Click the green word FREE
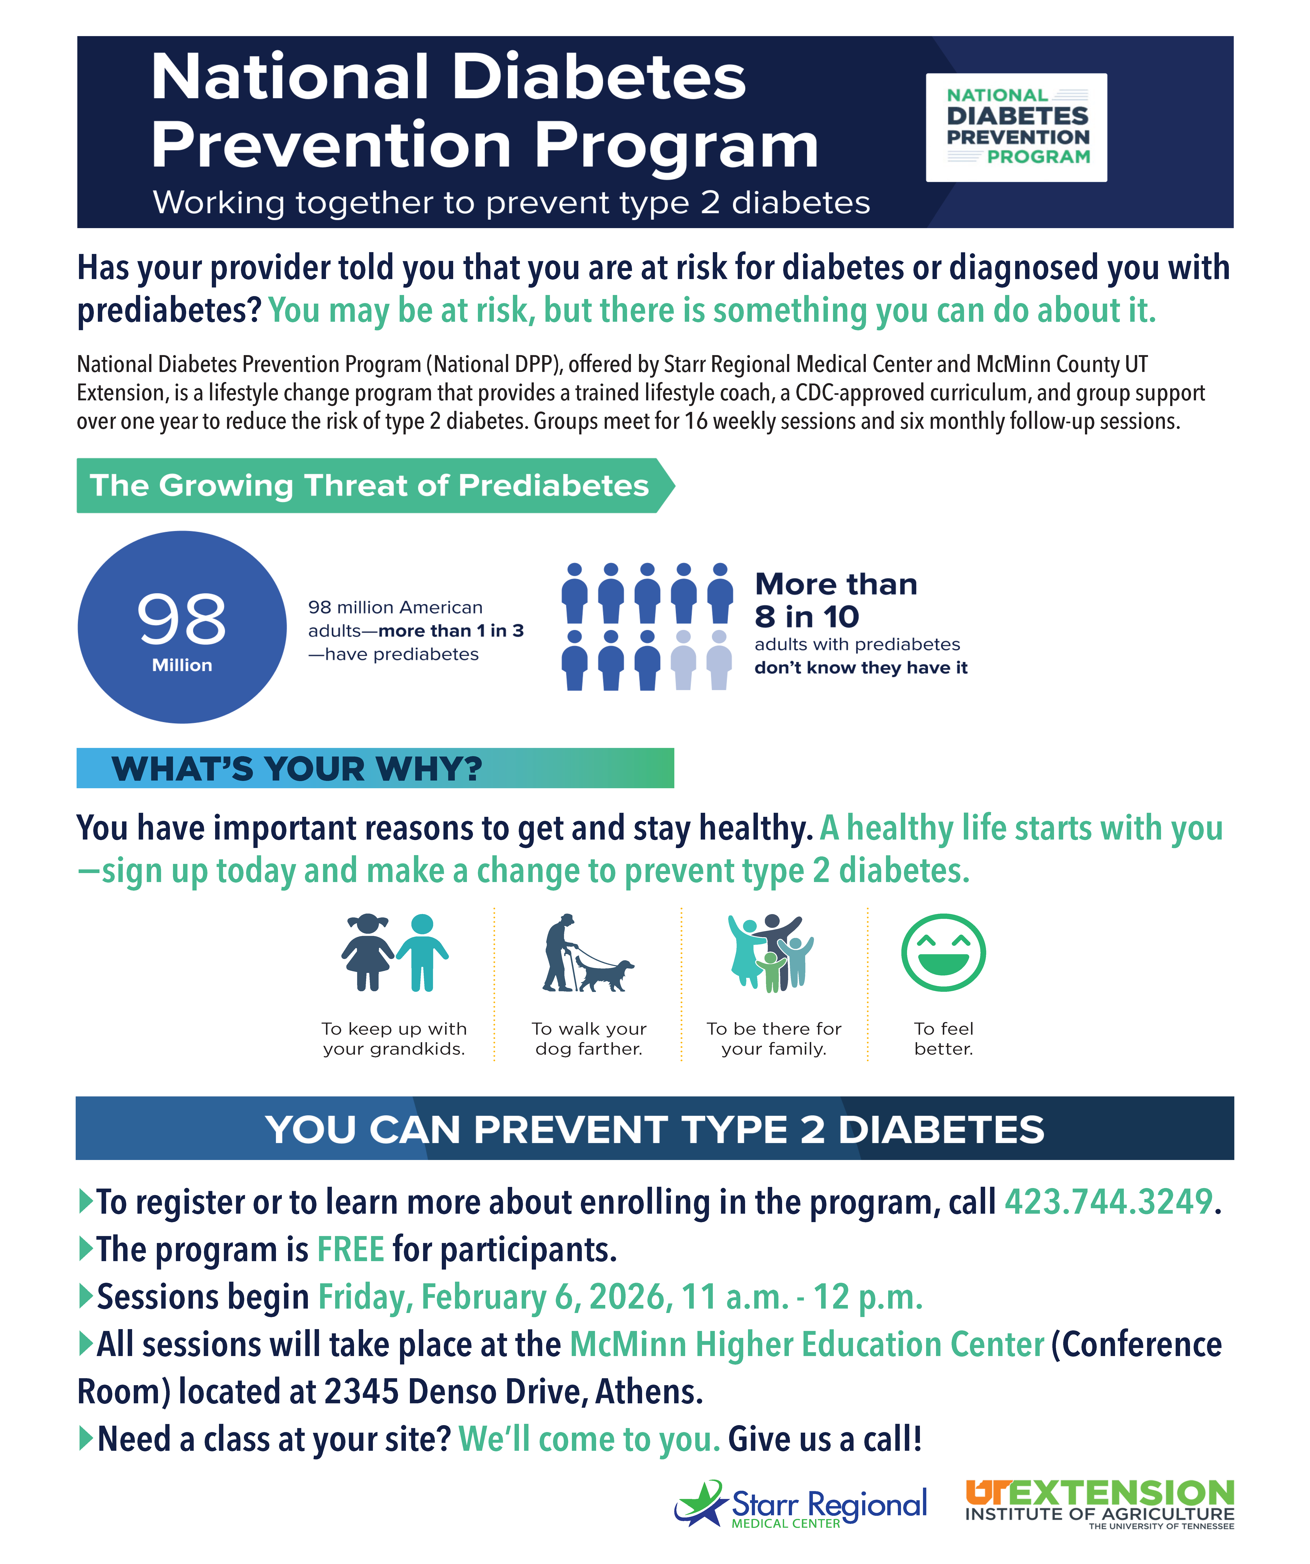[351, 1250]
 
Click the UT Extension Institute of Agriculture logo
[1099, 1504]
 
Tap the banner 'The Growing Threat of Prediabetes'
[369, 486]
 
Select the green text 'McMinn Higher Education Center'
[807, 1345]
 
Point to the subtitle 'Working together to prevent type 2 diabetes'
[511, 203]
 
